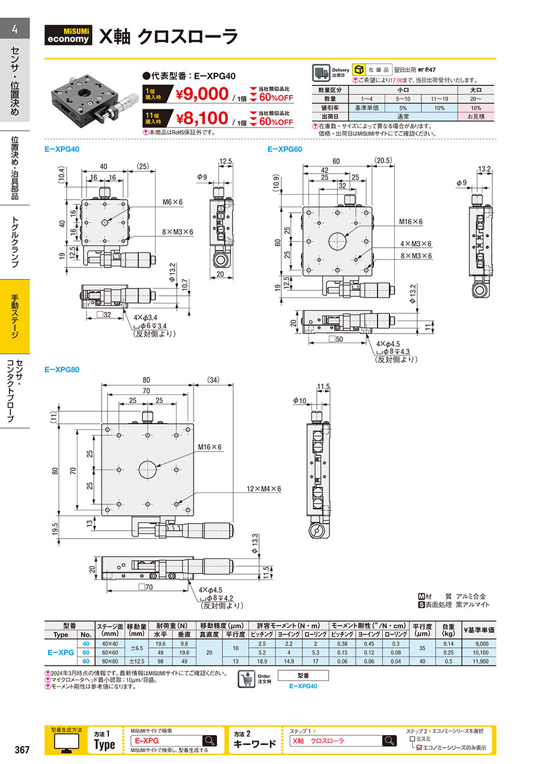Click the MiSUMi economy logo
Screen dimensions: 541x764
point(68,35)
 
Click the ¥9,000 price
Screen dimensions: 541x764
point(203,94)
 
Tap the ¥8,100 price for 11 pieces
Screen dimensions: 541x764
point(203,118)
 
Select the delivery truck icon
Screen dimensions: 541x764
point(321,73)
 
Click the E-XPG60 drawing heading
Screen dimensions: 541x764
point(284,149)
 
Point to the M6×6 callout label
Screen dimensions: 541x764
point(173,202)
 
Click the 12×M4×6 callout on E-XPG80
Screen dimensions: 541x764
point(264,489)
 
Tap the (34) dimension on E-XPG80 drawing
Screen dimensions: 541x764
point(213,380)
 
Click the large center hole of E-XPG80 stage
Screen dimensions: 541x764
point(147,469)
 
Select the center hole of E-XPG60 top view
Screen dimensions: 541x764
point(337,241)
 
